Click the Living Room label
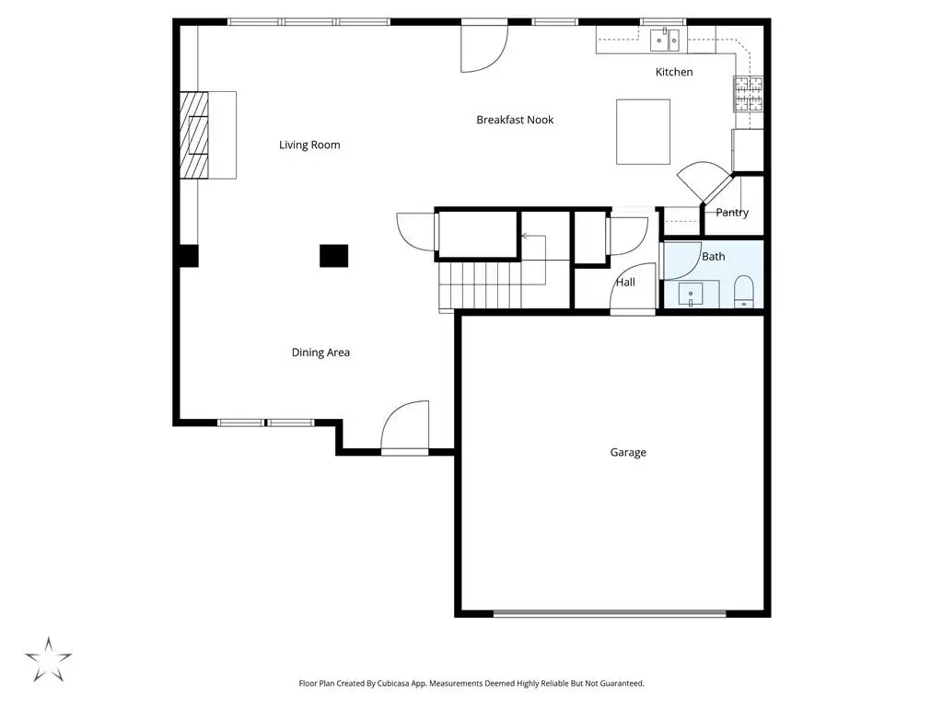[x=309, y=145]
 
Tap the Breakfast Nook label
[x=515, y=120]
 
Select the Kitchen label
[x=673, y=72]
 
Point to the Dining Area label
[x=320, y=353]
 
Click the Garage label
[x=628, y=452]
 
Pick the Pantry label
[x=732, y=213]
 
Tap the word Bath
[x=714, y=257]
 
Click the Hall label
[x=625, y=282]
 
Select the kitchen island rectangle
[x=643, y=132]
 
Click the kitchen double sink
[x=665, y=41]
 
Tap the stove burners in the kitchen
[x=748, y=94]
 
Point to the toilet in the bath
[x=744, y=292]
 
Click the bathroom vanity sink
[x=691, y=295]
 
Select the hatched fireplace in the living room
[x=193, y=134]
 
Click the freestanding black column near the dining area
[x=333, y=256]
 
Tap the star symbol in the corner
[x=48, y=659]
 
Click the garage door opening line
[x=610, y=614]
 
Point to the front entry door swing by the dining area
[x=405, y=426]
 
